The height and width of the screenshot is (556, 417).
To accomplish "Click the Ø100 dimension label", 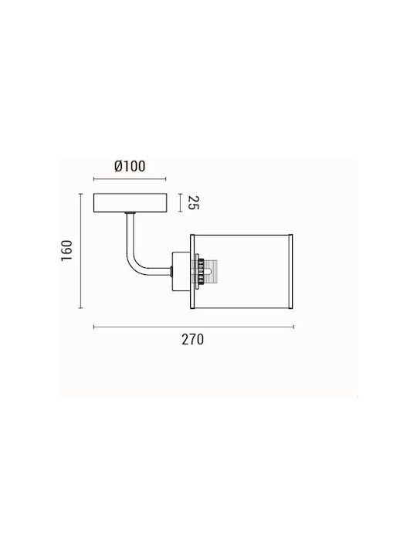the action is (x=130, y=166).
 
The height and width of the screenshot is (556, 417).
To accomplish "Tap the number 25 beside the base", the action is (x=192, y=202).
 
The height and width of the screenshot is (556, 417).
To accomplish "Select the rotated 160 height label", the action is (x=66, y=250).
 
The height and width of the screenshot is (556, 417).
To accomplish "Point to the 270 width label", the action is (x=193, y=340).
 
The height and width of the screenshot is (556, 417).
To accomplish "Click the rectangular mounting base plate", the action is (x=130, y=203).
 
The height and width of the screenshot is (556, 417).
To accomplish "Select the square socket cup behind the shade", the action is (x=181, y=271).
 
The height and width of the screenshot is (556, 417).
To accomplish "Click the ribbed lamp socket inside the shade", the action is (x=205, y=271).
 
